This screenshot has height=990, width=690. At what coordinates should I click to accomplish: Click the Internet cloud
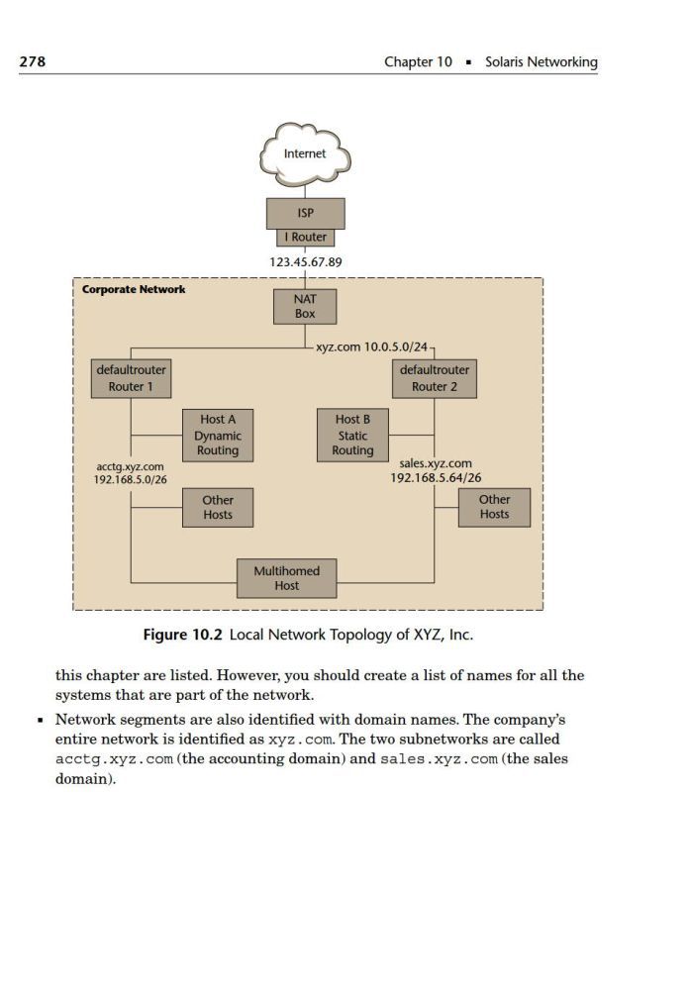(x=305, y=154)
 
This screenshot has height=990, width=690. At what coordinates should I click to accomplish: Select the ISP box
(x=306, y=214)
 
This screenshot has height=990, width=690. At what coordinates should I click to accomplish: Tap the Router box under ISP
(x=306, y=238)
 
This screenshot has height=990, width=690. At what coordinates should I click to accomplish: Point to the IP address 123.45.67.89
(x=306, y=262)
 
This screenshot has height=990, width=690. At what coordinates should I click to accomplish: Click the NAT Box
(x=305, y=307)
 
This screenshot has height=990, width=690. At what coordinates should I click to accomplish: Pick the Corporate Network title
(x=134, y=290)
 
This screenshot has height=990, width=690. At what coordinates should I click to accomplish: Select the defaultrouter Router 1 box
(x=132, y=379)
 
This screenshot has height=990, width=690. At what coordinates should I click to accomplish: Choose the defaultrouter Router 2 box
(x=435, y=379)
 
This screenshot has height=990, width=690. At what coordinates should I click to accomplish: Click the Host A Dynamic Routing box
(x=218, y=436)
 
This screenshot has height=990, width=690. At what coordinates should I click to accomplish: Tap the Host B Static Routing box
(x=352, y=436)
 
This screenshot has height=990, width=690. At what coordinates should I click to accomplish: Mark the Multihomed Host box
(x=287, y=578)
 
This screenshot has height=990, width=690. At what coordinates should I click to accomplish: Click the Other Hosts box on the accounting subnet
(x=218, y=508)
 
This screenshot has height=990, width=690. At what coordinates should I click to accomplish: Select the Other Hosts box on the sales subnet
(x=494, y=507)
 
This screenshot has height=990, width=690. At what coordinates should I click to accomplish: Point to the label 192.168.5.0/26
(x=131, y=480)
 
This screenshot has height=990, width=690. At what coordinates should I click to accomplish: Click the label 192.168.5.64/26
(x=436, y=478)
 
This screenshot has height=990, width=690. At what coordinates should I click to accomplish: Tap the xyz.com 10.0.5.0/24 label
(x=372, y=347)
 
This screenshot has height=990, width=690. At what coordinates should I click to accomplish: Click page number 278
(x=33, y=61)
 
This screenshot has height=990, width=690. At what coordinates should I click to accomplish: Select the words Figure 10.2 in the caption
(x=183, y=635)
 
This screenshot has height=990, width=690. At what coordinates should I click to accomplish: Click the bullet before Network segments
(x=41, y=720)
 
